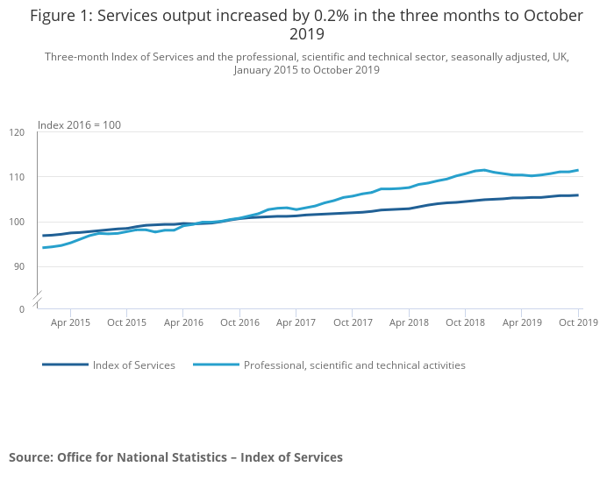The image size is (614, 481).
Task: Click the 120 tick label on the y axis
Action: (x=18, y=132)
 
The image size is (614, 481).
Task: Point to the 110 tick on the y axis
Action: (x=18, y=177)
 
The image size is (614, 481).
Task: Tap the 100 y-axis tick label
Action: (x=18, y=222)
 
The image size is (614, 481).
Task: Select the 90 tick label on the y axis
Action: (x=19, y=266)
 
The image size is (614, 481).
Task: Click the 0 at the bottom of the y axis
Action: (x=22, y=309)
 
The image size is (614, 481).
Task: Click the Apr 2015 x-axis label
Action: (x=70, y=322)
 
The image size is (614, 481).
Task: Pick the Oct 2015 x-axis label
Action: (x=127, y=322)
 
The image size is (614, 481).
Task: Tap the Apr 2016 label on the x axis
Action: (x=183, y=322)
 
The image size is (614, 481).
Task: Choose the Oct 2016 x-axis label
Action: (x=239, y=322)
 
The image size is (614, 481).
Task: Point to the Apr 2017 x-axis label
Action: (x=296, y=322)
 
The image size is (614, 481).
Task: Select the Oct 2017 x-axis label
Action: (x=353, y=322)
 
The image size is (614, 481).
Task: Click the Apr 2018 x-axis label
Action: (x=410, y=322)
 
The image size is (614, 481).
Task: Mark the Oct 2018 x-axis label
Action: (x=466, y=322)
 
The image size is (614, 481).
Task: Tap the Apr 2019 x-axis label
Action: (x=522, y=322)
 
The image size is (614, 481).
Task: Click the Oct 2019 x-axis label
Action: (x=578, y=322)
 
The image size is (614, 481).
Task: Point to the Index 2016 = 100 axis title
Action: (x=79, y=125)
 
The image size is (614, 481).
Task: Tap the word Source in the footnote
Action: (x=30, y=457)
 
